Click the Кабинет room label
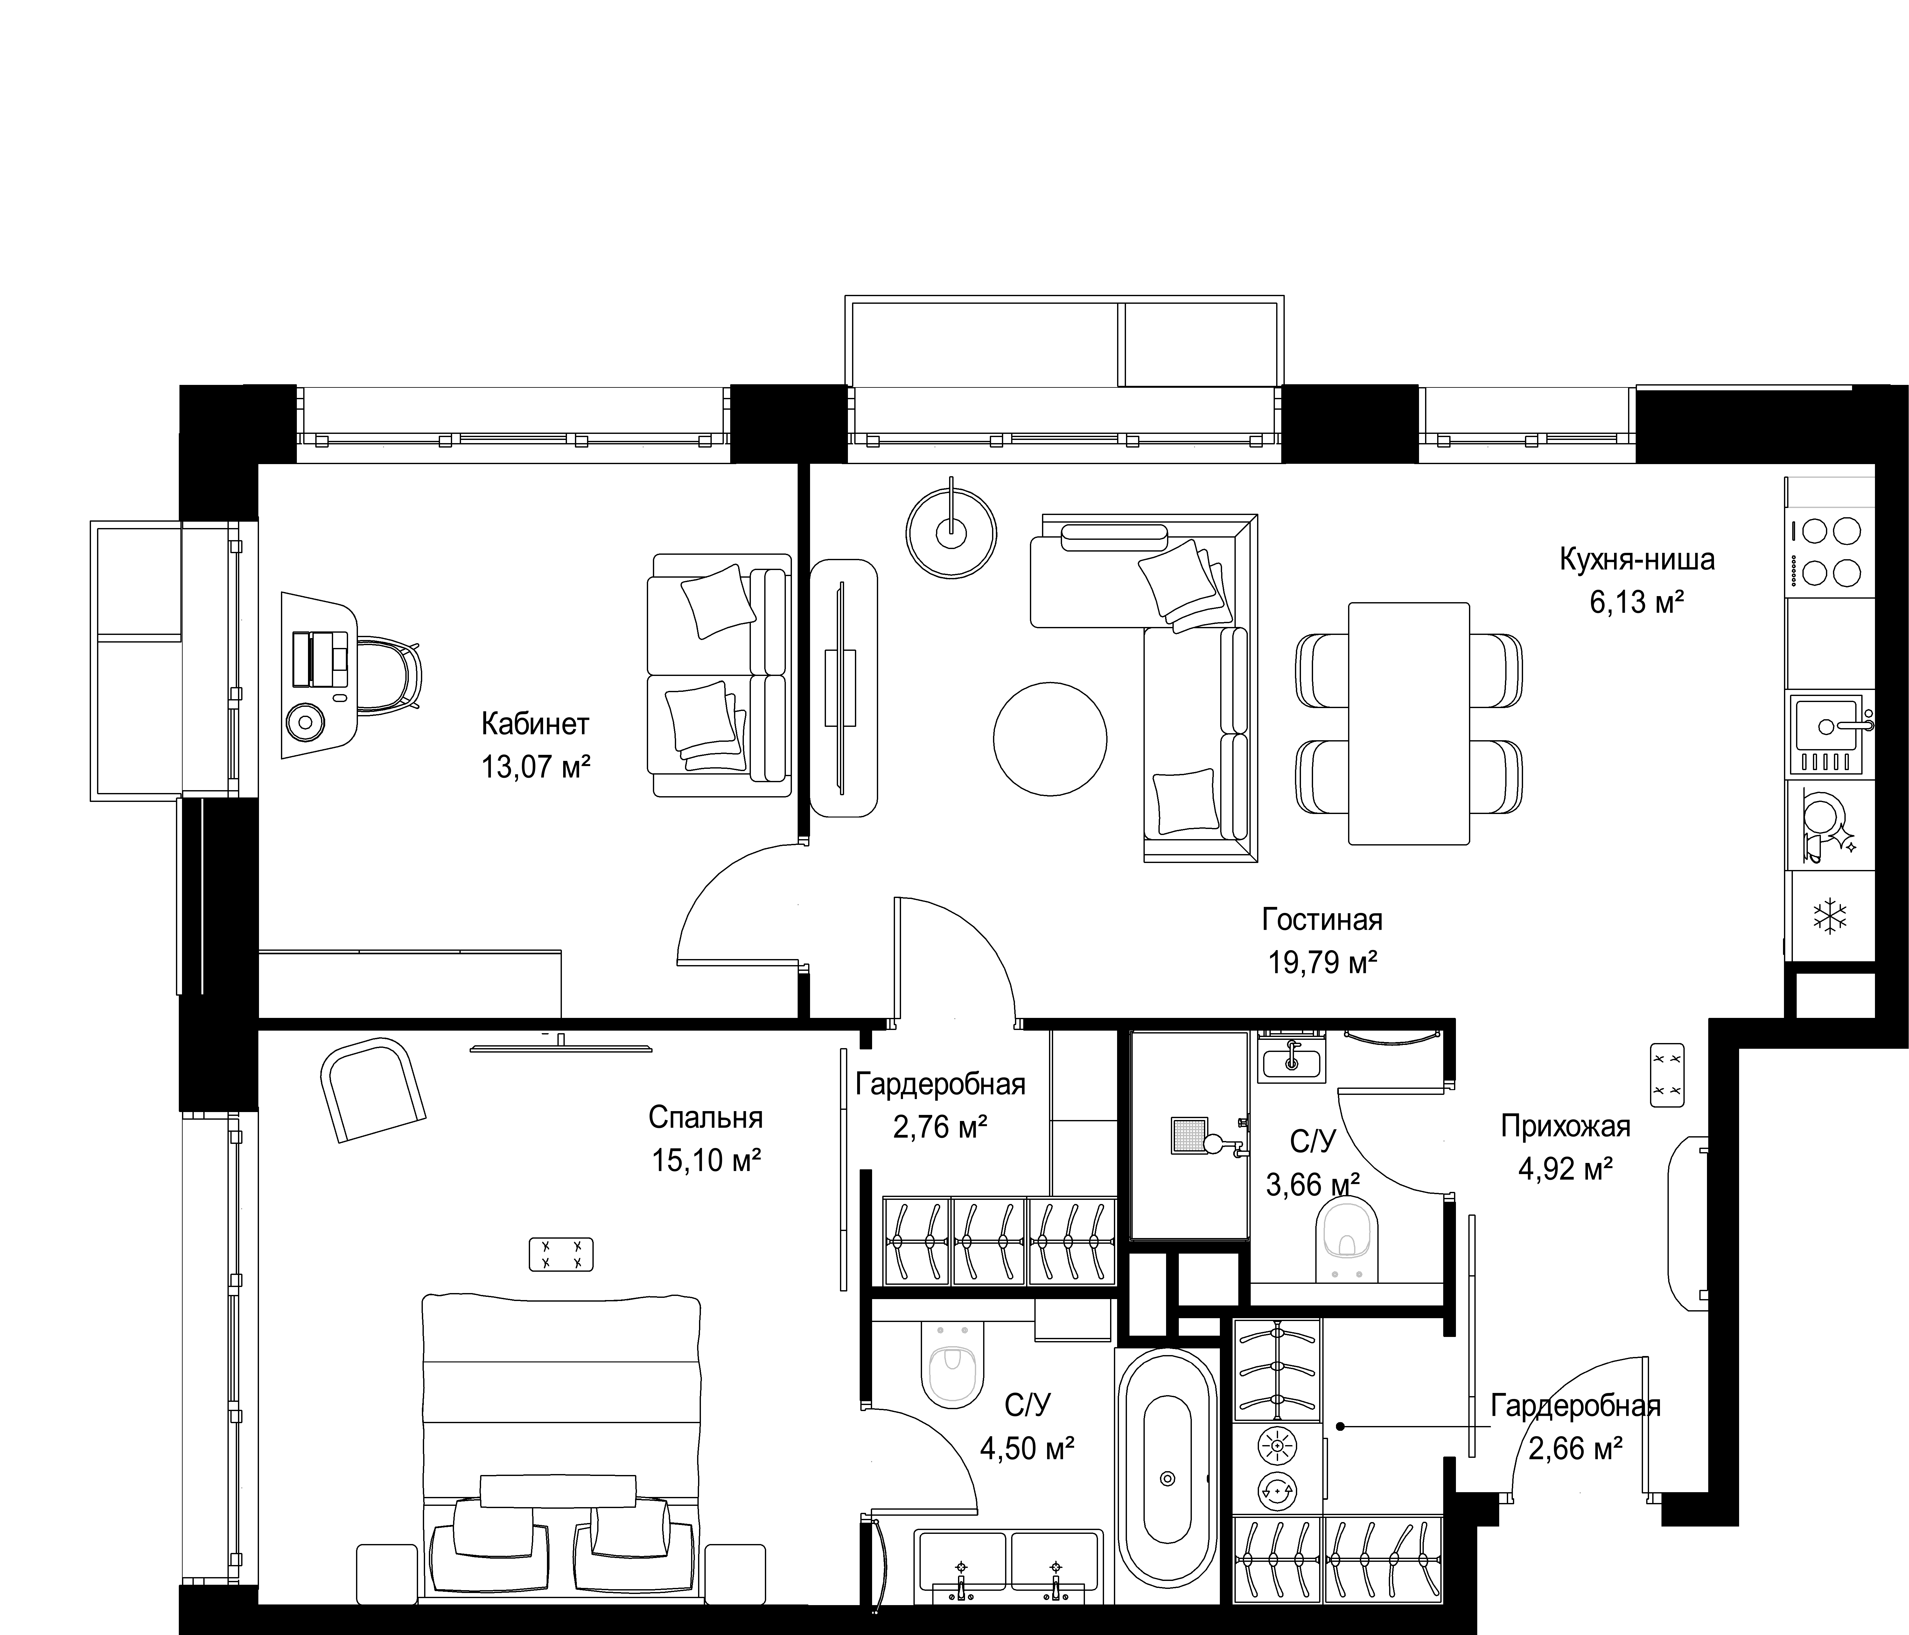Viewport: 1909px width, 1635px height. [535, 724]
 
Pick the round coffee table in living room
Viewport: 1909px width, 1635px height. [1050, 737]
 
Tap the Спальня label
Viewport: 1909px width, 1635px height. [706, 1117]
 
